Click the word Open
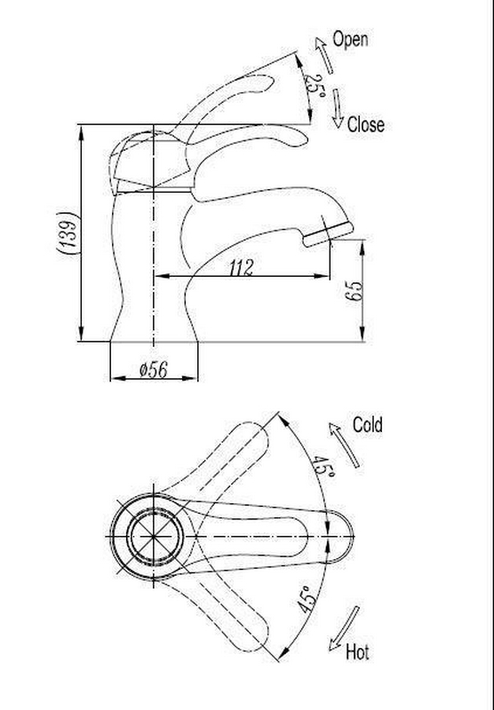[x=350, y=39]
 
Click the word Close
[x=366, y=125]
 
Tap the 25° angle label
[x=314, y=84]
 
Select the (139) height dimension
[x=68, y=235]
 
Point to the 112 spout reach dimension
[x=241, y=268]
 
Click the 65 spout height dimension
[x=354, y=291]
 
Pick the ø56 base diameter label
[x=154, y=370]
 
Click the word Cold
[x=368, y=425]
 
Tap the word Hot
[x=357, y=652]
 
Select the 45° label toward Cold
[x=323, y=467]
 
